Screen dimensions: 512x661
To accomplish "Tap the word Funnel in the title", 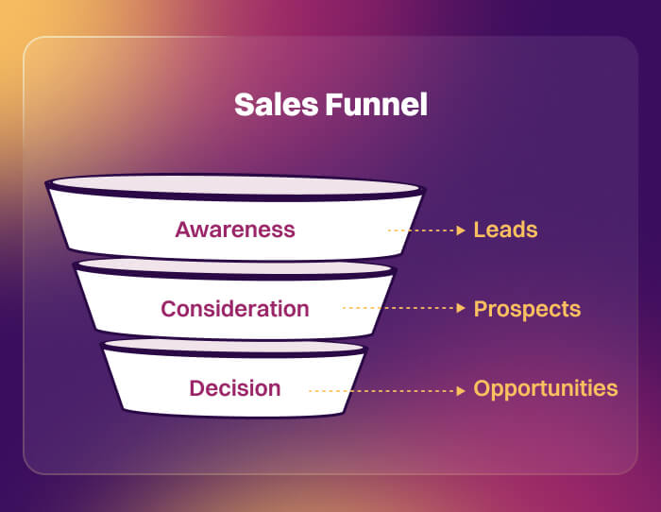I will tap(376, 105).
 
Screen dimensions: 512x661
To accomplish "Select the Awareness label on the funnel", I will tap(235, 230).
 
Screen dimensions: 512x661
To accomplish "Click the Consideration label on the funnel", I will tap(235, 309).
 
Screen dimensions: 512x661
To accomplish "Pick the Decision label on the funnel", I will tap(235, 388).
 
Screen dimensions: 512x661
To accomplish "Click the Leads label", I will tap(505, 230).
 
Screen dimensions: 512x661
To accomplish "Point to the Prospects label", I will tap(527, 309).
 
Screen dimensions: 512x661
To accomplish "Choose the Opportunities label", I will tap(546, 389).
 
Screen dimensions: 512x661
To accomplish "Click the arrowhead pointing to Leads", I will tap(460, 230).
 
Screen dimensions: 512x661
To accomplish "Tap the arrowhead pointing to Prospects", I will tap(460, 308).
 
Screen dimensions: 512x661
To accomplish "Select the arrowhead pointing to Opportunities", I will tap(460, 389).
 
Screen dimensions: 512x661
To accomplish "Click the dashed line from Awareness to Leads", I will tap(420, 230).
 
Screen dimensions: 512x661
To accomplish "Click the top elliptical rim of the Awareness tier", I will tap(234, 185).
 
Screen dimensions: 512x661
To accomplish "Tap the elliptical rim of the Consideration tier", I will tap(234, 267).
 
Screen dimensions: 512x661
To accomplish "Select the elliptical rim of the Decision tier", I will tap(234, 347).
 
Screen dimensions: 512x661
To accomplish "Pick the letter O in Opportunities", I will tap(483, 388).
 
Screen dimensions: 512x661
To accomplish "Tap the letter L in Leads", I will tap(479, 230).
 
